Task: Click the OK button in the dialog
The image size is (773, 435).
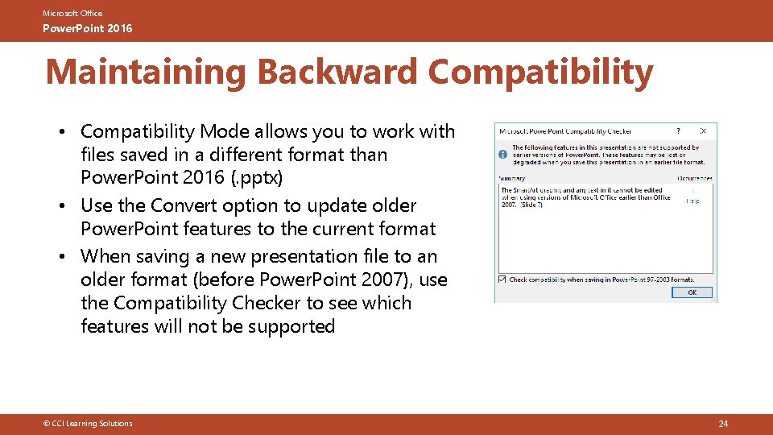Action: click(692, 292)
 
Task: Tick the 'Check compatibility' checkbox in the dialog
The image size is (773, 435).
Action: click(503, 280)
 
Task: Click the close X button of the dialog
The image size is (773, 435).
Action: click(703, 130)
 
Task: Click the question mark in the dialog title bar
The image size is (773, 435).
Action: click(678, 130)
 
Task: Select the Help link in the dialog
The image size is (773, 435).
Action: click(692, 201)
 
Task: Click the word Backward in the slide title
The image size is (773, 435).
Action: click(337, 72)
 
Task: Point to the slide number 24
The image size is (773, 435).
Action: click(722, 424)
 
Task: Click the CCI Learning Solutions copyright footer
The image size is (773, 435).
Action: click(89, 424)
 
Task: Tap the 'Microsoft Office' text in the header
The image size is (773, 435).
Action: click(72, 14)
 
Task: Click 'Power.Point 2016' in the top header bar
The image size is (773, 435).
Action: click(88, 29)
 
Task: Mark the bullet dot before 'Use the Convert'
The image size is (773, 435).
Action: click(63, 205)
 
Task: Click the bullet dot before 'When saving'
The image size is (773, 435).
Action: click(63, 256)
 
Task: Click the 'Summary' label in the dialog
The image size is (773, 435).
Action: click(512, 178)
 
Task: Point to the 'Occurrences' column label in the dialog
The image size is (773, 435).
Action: click(694, 178)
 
